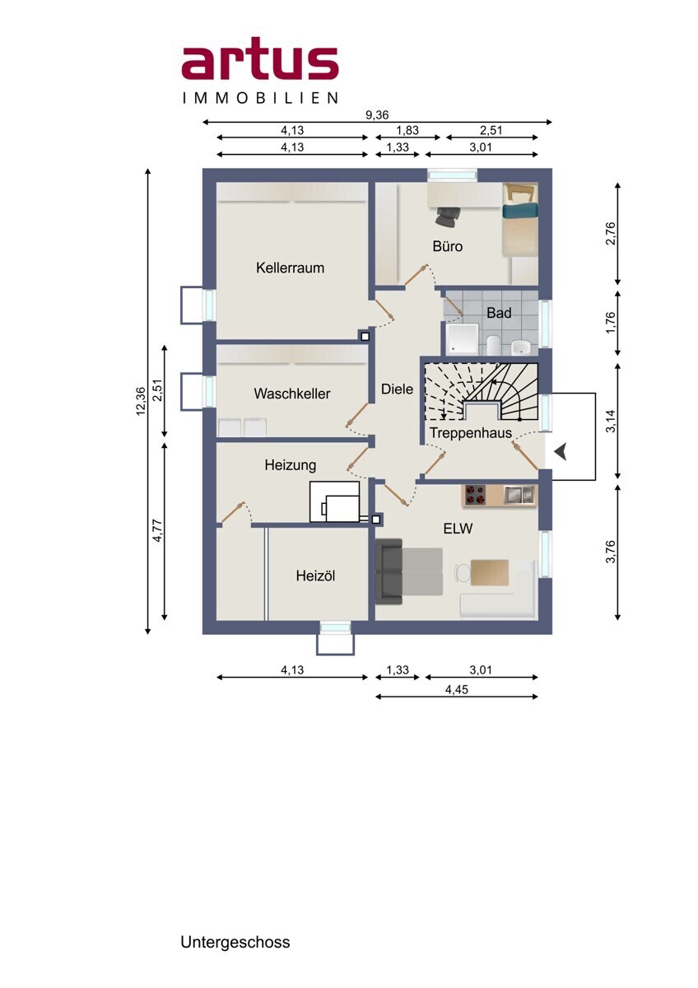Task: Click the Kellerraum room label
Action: [290, 268]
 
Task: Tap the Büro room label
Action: [448, 245]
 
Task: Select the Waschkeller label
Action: [292, 394]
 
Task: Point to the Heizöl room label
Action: [315, 576]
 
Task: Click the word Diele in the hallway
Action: [397, 389]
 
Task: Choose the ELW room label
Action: [458, 528]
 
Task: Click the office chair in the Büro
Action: [448, 217]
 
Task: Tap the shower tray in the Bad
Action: [462, 338]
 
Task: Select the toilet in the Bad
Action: [493, 345]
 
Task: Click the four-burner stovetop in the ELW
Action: [474, 495]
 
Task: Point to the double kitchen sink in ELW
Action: [520, 495]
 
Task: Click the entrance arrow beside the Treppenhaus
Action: [561, 453]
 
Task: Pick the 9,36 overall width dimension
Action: [377, 114]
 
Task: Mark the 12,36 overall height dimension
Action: [141, 401]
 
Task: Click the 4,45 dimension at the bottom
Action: [456, 689]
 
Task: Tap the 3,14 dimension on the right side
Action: [611, 421]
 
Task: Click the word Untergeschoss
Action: [235, 939]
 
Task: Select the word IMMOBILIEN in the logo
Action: [260, 97]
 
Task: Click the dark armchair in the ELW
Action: [389, 571]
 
